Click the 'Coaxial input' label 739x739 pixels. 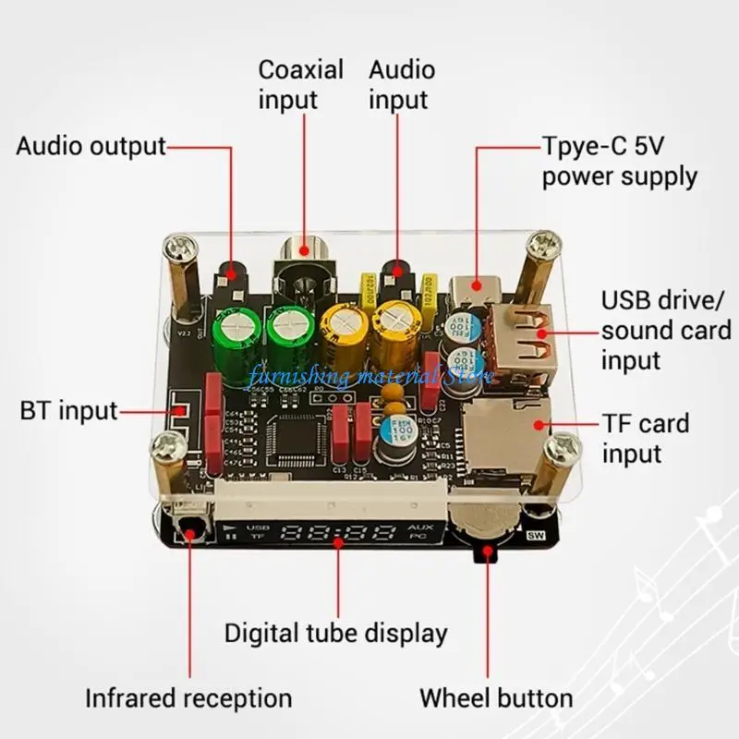point(300,84)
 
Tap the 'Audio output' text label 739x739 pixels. point(91,146)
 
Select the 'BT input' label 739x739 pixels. point(69,410)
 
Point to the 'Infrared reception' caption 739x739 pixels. point(188,698)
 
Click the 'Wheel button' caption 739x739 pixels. point(496,698)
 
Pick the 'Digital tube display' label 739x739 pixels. point(336,634)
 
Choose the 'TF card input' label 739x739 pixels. point(646,439)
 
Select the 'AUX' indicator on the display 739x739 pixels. point(417,527)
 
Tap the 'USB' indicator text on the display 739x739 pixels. point(257,528)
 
